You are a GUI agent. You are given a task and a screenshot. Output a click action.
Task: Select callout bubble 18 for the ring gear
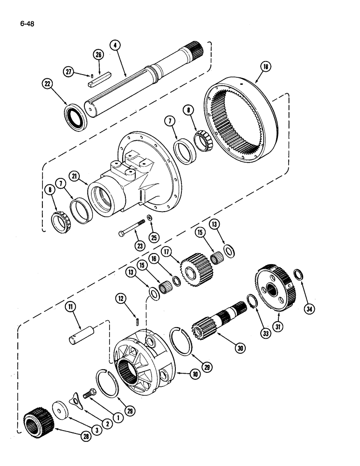pyautogui.click(x=265, y=67)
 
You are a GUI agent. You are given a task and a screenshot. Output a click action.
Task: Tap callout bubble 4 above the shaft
pyautogui.click(x=115, y=45)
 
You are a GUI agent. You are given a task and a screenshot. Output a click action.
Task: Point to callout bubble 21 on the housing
pyautogui.click(x=74, y=175)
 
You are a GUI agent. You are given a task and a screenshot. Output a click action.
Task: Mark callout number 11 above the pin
pyautogui.click(x=70, y=306)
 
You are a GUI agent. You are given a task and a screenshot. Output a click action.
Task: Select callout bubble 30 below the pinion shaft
pyautogui.click(x=241, y=348)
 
